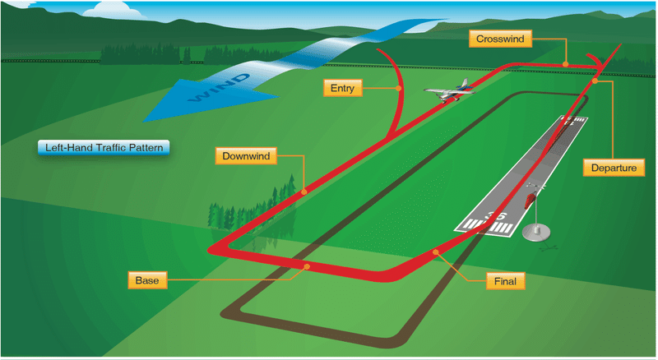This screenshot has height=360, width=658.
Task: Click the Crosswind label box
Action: [500, 39]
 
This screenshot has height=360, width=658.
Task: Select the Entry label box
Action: [342, 88]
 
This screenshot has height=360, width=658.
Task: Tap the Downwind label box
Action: [246, 156]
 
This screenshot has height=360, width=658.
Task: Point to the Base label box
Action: [147, 280]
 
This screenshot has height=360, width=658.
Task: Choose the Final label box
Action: [505, 281]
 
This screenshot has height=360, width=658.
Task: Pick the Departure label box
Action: [614, 168]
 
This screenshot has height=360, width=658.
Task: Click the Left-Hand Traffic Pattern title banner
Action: [104, 148]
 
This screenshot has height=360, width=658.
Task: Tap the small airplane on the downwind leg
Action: [449, 90]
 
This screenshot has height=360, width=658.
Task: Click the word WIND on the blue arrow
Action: [220, 88]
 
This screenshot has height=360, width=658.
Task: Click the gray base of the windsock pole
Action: [536, 233]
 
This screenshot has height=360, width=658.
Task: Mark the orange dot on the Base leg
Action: [307, 266]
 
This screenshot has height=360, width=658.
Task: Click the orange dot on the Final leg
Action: [436, 252]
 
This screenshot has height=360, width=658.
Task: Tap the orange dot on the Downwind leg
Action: [304, 192]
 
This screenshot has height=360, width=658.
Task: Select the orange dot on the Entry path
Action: [399, 88]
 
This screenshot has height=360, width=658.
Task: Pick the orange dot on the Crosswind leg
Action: [566, 64]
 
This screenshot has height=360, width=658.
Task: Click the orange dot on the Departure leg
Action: [595, 81]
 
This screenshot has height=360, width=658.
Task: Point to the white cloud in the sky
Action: [110, 9]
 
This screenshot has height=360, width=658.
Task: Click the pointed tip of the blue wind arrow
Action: [142, 122]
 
